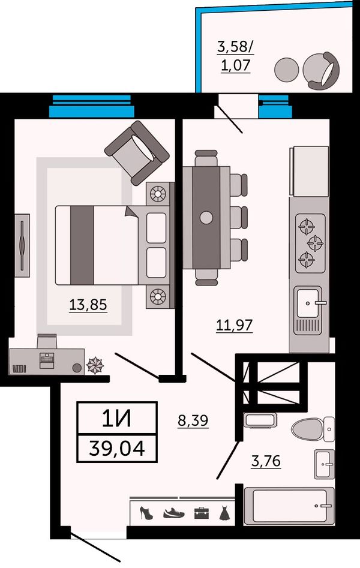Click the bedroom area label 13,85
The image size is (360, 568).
tap(88, 305)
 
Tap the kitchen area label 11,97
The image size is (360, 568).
tap(234, 325)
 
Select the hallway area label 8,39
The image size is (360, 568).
tap(193, 420)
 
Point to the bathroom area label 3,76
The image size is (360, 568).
tap(266, 461)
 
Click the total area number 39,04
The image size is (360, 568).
tap(117, 448)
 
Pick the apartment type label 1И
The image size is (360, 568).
tap(117, 419)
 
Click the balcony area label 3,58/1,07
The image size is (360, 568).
tap(235, 55)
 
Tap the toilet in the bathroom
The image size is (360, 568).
tap(313, 429)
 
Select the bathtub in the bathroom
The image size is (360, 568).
tap(289, 506)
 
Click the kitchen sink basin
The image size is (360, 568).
tap(308, 303)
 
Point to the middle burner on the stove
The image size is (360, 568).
tap(315, 243)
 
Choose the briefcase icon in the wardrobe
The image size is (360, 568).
tap(202, 513)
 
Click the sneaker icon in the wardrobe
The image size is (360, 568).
tap(173, 513)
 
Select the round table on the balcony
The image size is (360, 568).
tap(286, 70)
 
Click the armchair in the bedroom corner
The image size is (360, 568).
tap(137, 152)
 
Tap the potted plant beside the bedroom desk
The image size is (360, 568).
tap(95, 365)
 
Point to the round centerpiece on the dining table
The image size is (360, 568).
tap(206, 217)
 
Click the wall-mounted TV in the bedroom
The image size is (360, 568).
tap(22, 245)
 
